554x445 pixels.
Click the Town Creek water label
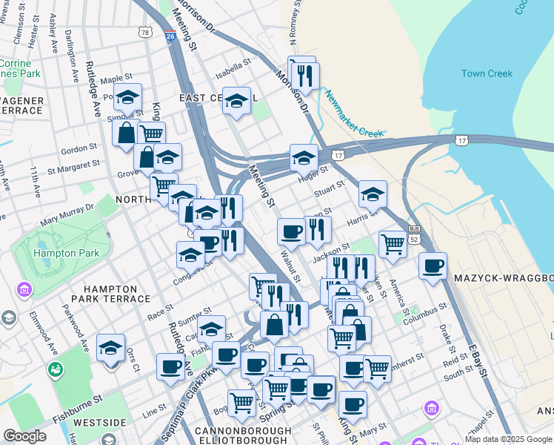pos(487,73)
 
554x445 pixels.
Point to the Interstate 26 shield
pos(170,35)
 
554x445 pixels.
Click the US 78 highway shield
pos(145,32)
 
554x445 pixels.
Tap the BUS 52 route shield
pos(414,234)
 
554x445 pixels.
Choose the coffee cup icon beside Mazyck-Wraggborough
pos(433,266)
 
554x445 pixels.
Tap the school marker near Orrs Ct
pos(111,347)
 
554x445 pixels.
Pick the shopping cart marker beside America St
pos(393,243)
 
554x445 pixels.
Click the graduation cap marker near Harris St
pos(373,194)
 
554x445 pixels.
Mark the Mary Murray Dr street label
pos(67,214)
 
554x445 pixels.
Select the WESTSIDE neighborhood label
pos(101,423)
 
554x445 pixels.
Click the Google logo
pos(24,436)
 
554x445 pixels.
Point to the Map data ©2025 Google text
pos(508,439)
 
